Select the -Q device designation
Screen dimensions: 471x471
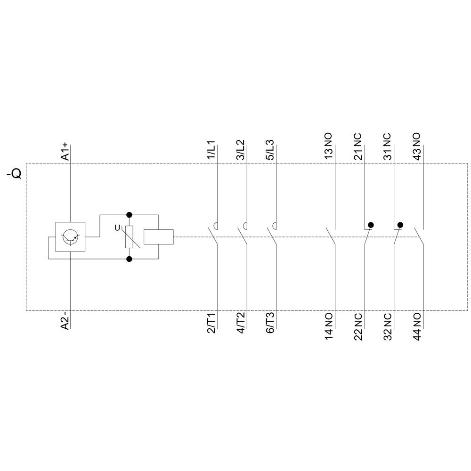(x=14, y=174)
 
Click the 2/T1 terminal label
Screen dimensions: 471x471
(x=211, y=323)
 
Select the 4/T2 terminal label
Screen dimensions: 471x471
(x=240, y=323)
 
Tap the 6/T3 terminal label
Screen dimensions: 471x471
(x=270, y=323)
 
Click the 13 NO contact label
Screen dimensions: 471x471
(x=328, y=147)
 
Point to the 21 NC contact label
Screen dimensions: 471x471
(x=358, y=147)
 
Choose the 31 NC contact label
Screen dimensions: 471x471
(x=387, y=147)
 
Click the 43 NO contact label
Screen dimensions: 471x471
(x=417, y=147)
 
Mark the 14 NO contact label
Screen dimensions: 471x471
(x=328, y=326)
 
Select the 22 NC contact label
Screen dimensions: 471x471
(x=358, y=326)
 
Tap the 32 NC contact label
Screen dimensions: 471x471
(x=387, y=326)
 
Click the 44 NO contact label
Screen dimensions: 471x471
(x=417, y=326)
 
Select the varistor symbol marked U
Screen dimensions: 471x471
(x=129, y=237)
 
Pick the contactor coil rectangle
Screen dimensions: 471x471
(x=158, y=237)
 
